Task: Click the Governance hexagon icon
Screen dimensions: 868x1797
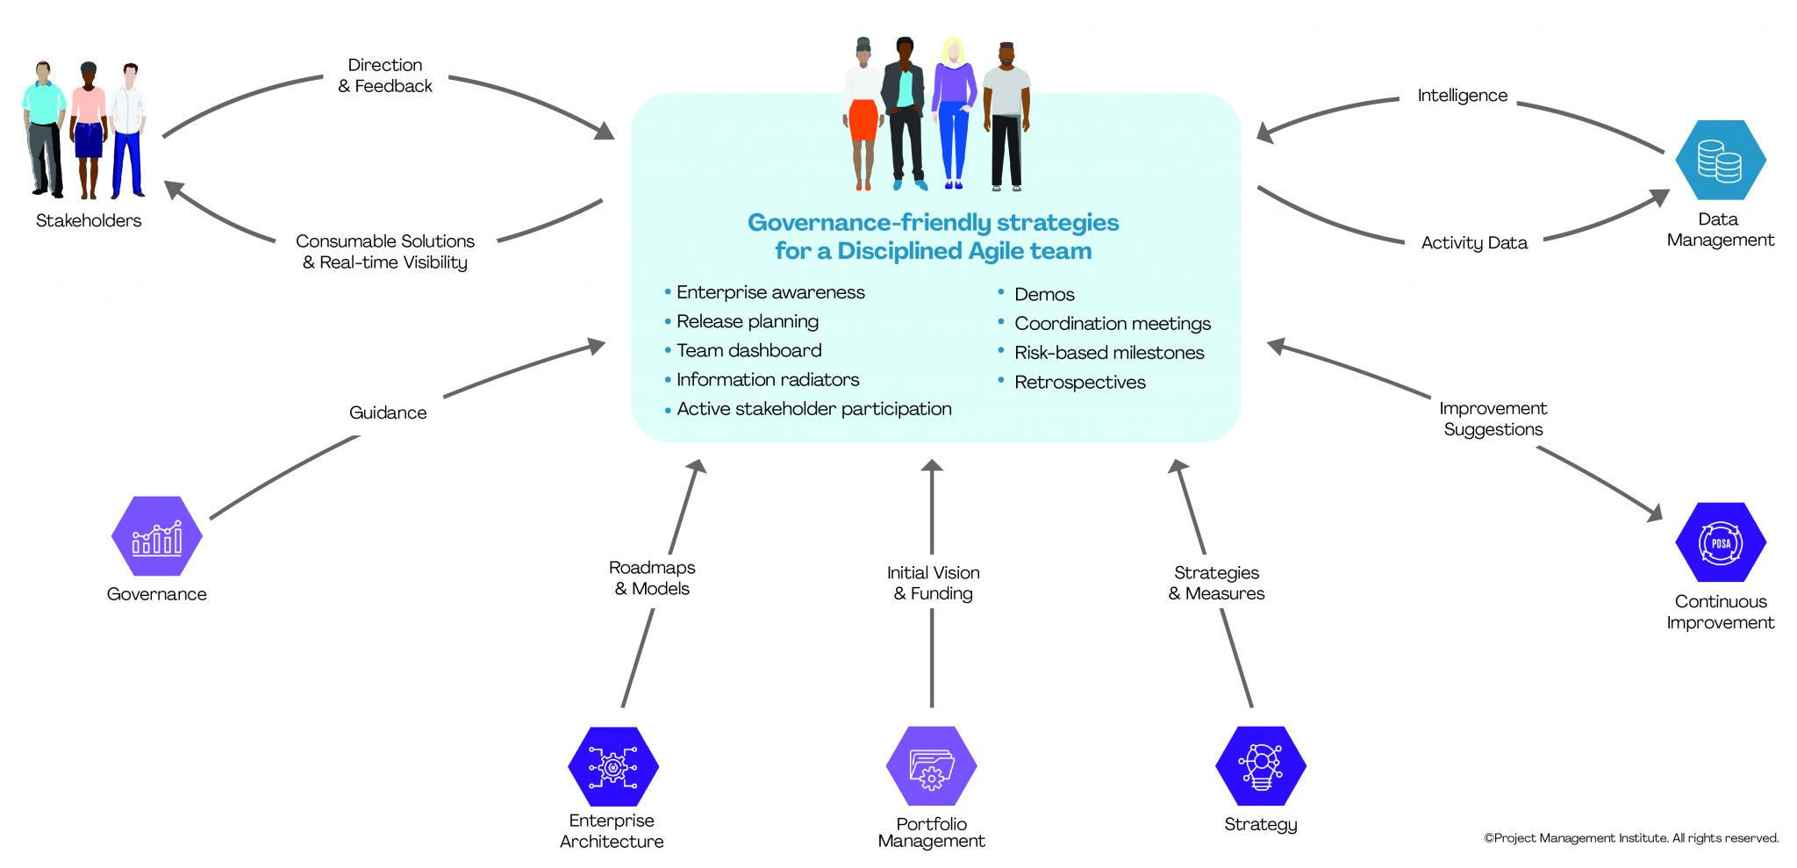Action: [157, 536]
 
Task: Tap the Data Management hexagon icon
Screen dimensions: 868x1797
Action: [1720, 161]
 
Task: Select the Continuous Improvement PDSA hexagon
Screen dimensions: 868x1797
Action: [1720, 542]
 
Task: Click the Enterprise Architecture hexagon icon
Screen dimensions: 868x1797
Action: [612, 766]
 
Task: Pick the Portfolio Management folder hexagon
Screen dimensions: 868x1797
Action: [931, 766]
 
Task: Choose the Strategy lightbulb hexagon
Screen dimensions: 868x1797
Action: [1260, 766]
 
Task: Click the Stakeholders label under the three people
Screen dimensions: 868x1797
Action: [89, 220]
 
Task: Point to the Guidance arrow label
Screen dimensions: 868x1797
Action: [388, 412]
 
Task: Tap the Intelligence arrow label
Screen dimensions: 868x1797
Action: [1462, 96]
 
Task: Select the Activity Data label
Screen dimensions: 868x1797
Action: [1474, 243]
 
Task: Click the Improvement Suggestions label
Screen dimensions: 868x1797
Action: [1493, 419]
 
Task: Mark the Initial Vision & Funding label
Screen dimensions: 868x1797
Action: [933, 583]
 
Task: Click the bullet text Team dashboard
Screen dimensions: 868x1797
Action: [748, 350]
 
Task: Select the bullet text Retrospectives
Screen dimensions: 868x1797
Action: [1079, 382]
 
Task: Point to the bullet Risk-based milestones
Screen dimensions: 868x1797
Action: [1109, 353]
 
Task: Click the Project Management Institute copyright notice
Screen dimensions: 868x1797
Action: [1630, 838]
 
